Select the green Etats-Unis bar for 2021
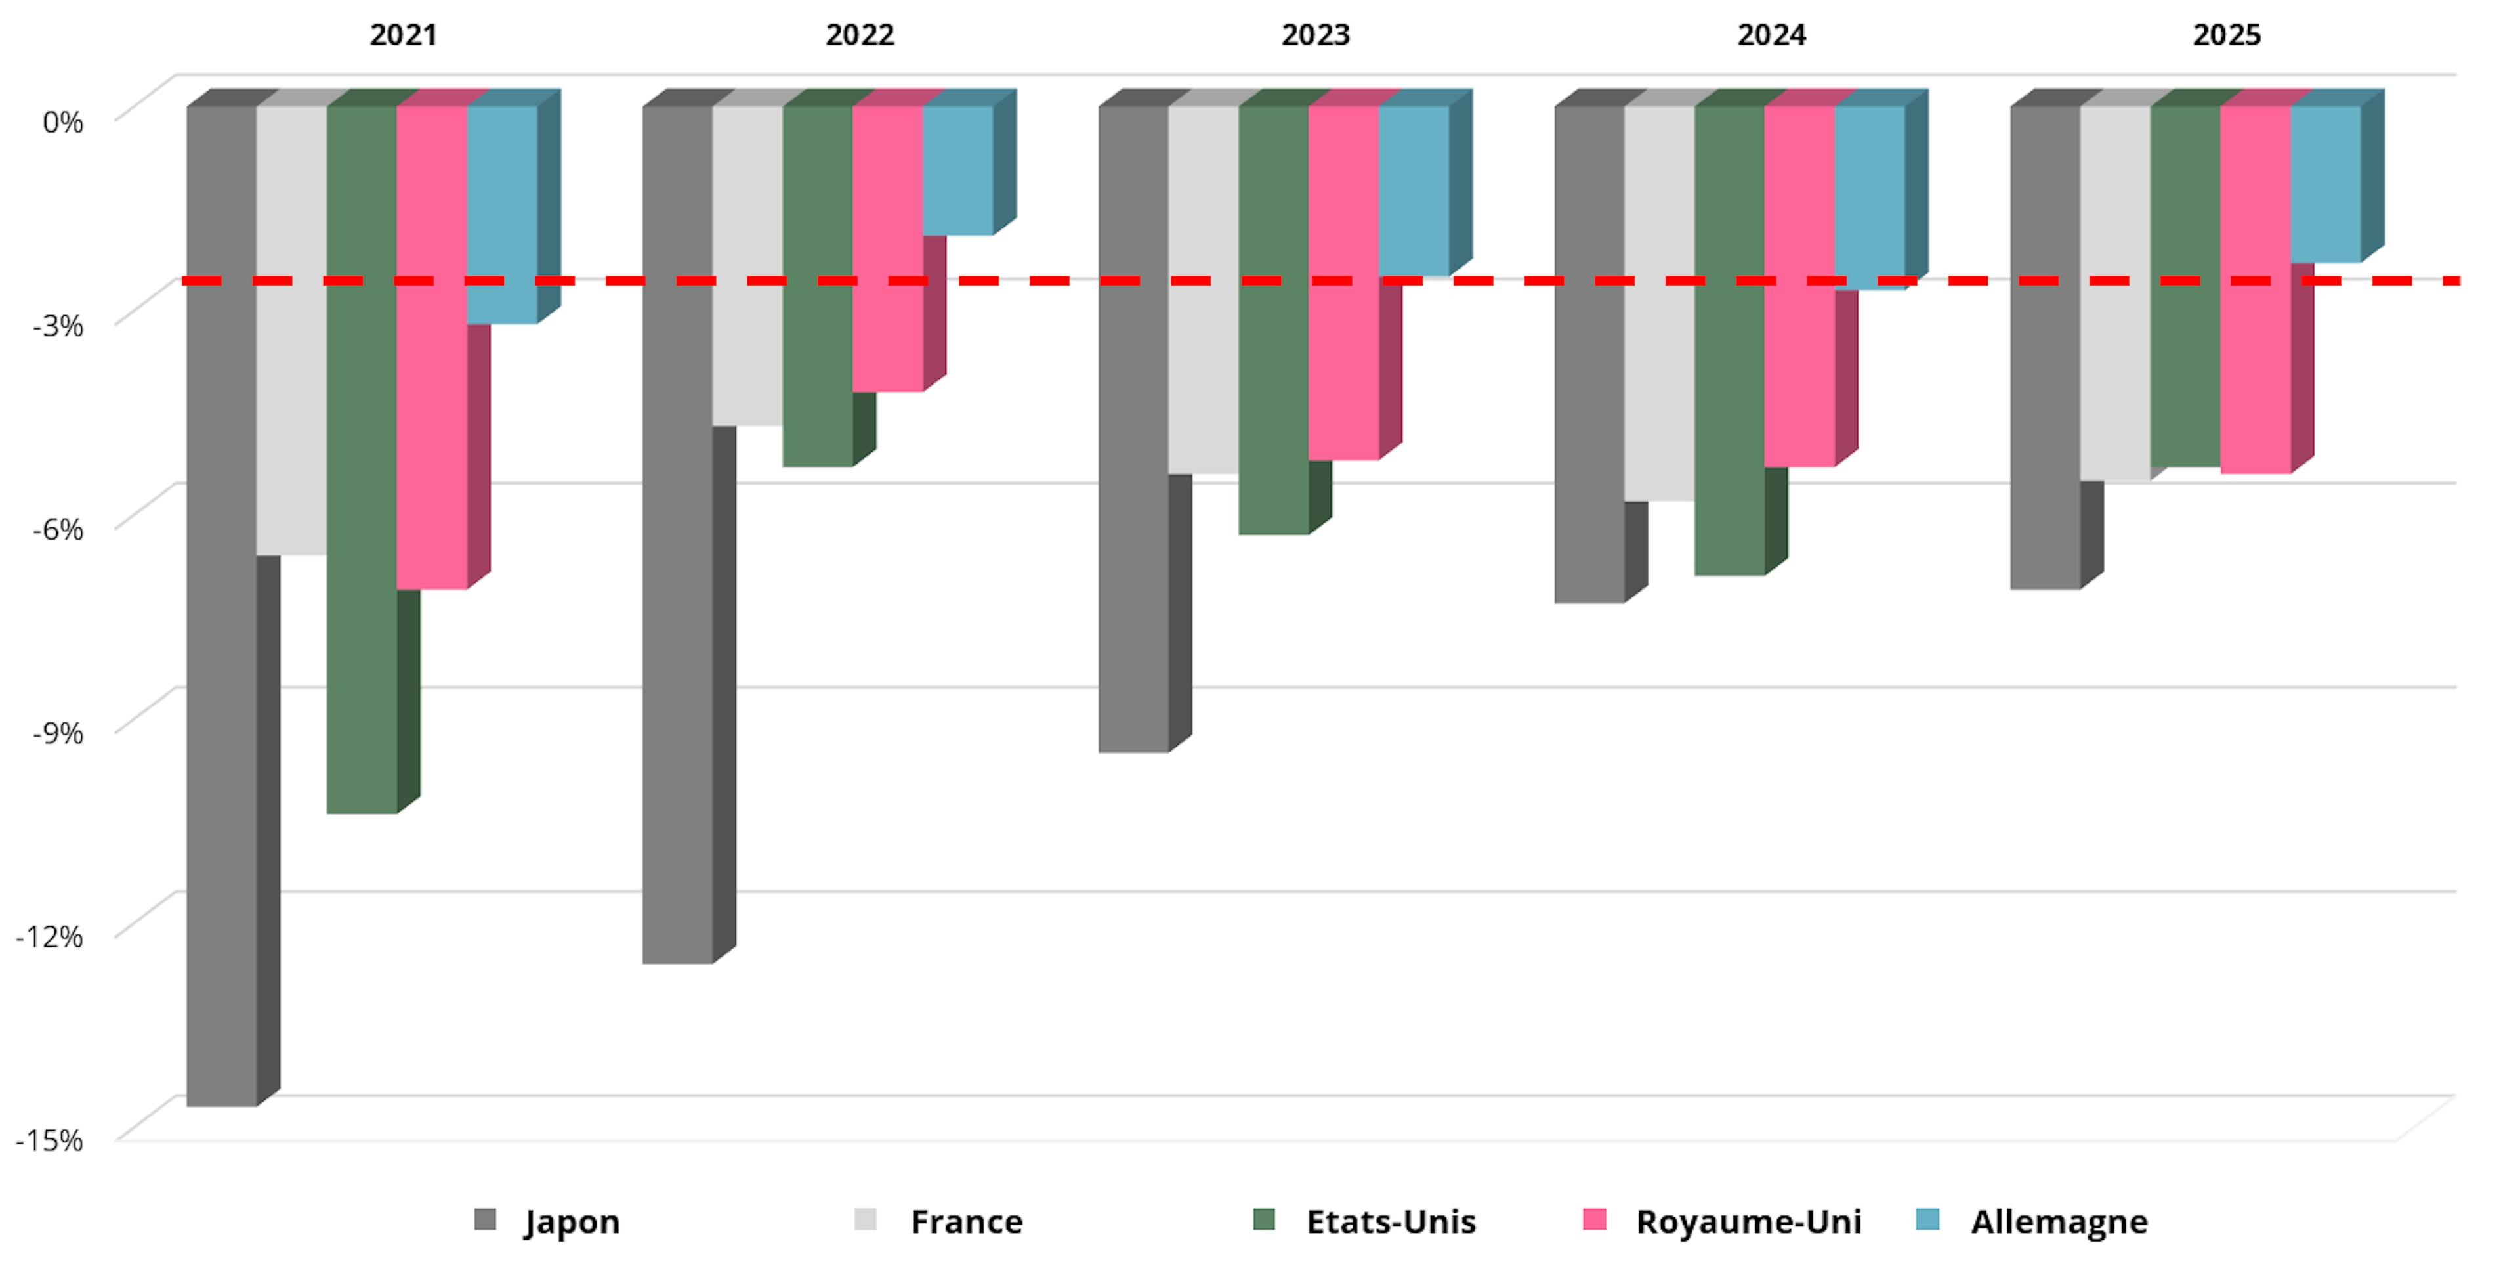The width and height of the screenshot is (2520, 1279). (x=362, y=460)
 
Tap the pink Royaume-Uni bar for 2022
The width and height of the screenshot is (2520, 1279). (x=887, y=249)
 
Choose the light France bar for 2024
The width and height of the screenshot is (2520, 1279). (x=1659, y=303)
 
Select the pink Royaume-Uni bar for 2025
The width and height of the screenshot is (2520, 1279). (x=2255, y=290)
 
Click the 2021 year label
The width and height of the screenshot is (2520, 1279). (x=403, y=35)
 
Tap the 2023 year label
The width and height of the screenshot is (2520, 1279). (x=1314, y=35)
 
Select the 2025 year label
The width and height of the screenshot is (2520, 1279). (x=2227, y=35)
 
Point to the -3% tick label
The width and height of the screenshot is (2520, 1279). (x=58, y=326)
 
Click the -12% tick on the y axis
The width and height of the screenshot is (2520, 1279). (x=50, y=936)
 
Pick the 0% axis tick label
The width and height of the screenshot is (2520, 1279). (x=62, y=122)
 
